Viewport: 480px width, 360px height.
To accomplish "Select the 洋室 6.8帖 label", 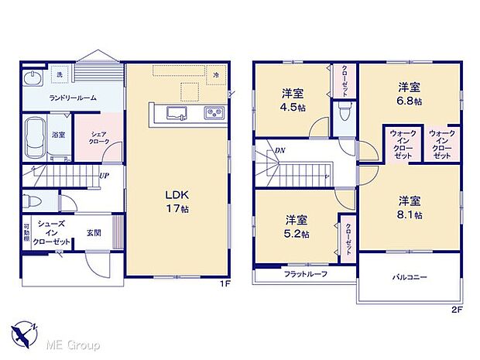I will [410, 93].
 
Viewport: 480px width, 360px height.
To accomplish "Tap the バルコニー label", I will [409, 276].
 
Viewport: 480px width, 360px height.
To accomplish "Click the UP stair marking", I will [102, 175].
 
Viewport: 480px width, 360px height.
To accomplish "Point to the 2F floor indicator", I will [456, 310].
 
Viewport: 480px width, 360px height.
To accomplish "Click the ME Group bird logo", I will [23, 335].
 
